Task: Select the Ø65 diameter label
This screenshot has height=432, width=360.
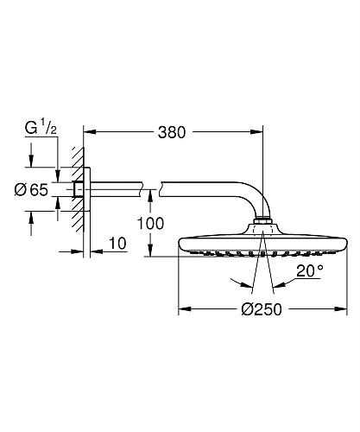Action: click(33, 190)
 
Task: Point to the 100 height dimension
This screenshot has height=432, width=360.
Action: click(127, 222)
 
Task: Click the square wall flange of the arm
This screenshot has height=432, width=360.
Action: click(80, 189)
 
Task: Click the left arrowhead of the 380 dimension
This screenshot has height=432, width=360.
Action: click(91, 133)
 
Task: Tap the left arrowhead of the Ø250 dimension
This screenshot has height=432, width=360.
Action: click(183, 308)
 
